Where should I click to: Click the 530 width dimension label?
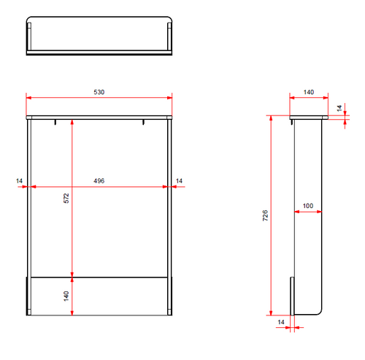pyautogui.click(x=99, y=92)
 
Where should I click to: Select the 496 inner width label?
pyautogui.click(x=99, y=181)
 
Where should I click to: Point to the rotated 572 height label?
pyautogui.click(x=66, y=198)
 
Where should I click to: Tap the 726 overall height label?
pyautogui.click(x=265, y=215)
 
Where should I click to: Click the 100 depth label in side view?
pyautogui.click(x=308, y=206)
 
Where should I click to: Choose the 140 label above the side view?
pyautogui.click(x=309, y=92)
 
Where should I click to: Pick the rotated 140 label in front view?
pyautogui.click(x=66, y=296)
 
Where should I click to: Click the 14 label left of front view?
pyautogui.click(x=19, y=181)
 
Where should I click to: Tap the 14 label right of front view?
pyautogui.click(x=179, y=181)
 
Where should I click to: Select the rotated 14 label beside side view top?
pyautogui.click(x=339, y=108)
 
